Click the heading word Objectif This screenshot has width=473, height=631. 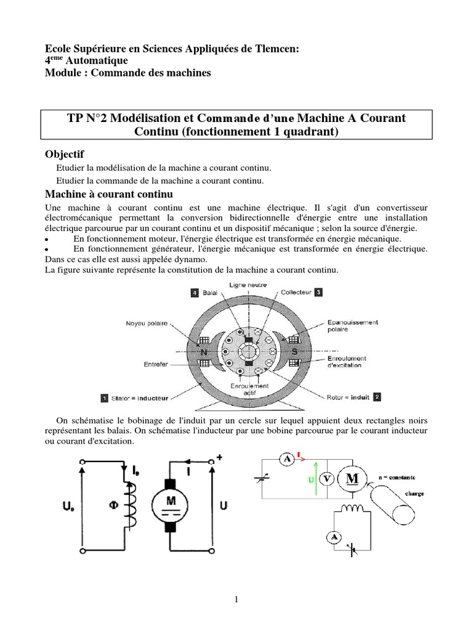click(x=65, y=153)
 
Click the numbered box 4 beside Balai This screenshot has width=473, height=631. click(x=195, y=293)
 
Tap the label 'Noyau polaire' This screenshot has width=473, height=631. click(x=146, y=323)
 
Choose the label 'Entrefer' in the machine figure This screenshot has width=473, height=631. click(x=156, y=364)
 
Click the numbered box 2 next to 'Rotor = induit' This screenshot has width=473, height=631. click(x=377, y=397)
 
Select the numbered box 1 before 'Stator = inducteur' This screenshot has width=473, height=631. click(x=105, y=397)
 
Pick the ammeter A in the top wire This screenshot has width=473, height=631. click(x=285, y=458)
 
